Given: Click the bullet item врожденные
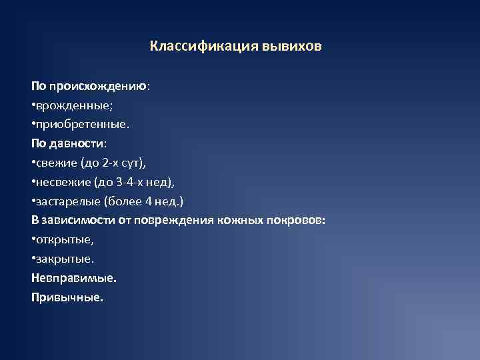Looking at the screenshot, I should click(66, 105).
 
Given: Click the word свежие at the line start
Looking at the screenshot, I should click(54, 163).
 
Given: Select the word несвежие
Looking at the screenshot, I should click(60, 182).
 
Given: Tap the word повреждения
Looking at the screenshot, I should click(169, 220).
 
